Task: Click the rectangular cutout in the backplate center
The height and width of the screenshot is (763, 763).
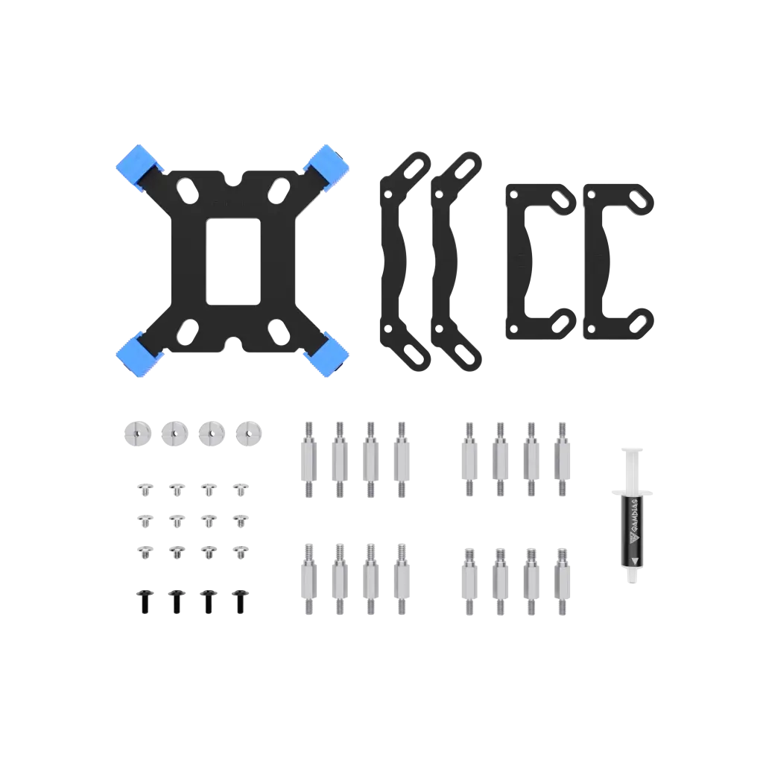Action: pos(233,262)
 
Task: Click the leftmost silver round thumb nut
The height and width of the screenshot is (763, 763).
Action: pos(138,433)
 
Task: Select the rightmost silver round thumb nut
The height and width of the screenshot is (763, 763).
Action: pos(249,433)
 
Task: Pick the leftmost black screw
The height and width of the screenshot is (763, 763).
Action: pos(145,601)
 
